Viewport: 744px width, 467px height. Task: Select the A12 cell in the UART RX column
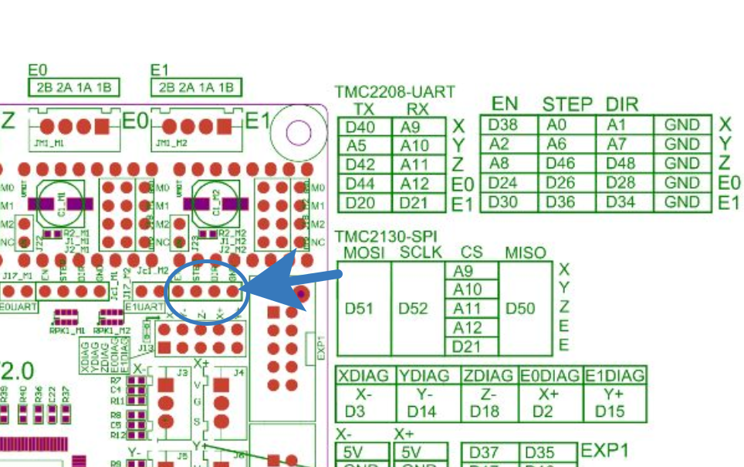415,184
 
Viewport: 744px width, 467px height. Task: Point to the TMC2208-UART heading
394,92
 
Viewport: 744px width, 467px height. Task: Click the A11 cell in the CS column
467,308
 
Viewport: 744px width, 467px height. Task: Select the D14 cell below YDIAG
422,411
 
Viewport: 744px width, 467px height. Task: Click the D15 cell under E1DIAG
610,411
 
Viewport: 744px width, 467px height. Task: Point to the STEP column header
567,104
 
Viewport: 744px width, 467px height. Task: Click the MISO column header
525,253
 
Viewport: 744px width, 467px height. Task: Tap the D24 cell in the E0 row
504,183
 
